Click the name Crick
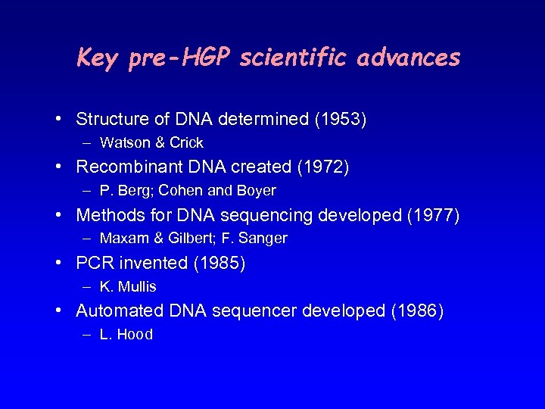tap(186, 143)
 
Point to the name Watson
tap(124, 143)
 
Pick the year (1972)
tap(323, 167)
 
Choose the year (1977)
tap(433, 215)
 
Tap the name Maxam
tap(123, 239)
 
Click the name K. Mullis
tap(128, 287)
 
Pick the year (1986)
tap(417, 311)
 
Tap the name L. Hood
tap(126, 335)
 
